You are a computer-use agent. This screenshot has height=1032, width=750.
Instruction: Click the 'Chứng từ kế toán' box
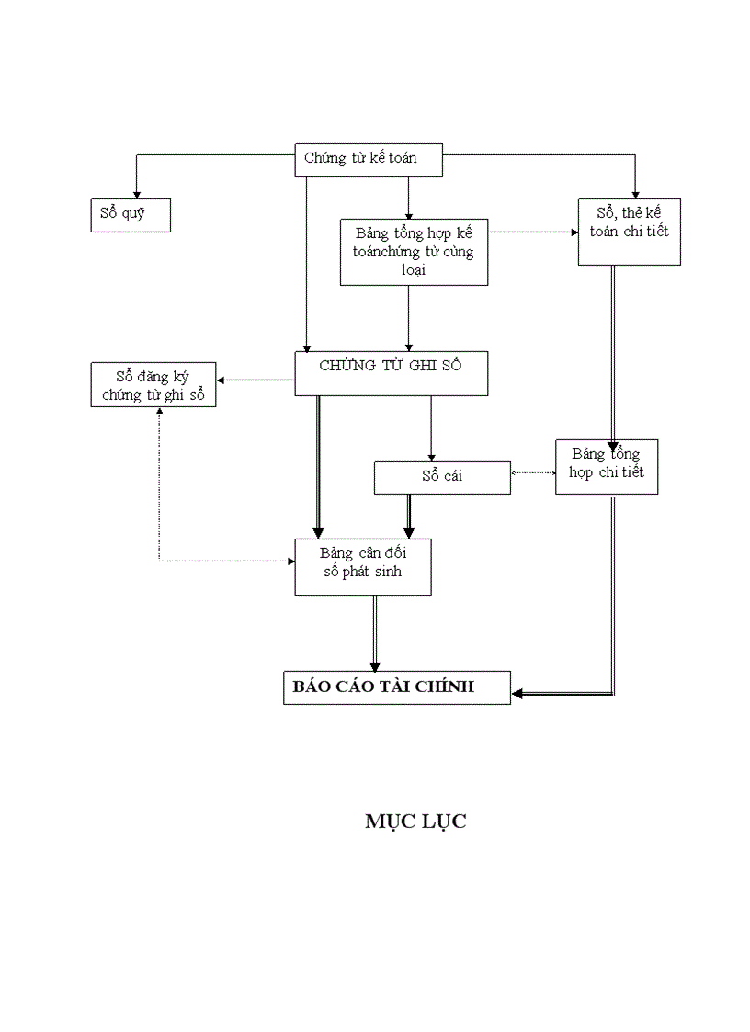click(369, 158)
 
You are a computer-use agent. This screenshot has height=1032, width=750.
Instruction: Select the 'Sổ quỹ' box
click(130, 215)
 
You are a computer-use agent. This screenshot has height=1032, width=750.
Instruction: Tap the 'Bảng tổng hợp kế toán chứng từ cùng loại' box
click(413, 251)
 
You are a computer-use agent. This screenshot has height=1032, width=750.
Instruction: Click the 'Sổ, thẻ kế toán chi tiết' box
click(629, 232)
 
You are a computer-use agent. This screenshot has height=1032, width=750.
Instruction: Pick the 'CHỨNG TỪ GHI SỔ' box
click(391, 373)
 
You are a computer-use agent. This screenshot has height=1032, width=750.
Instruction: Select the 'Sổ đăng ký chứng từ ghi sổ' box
click(153, 385)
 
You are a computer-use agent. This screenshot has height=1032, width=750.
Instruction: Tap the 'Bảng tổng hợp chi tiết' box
click(606, 466)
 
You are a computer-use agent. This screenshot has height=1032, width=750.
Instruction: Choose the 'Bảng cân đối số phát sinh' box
click(362, 567)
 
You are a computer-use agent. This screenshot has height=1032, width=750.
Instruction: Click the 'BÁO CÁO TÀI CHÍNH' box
click(396, 686)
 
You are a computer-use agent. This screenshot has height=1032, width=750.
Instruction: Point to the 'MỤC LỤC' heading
click(415, 822)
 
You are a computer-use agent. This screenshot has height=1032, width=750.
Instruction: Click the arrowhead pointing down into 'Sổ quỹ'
click(137, 193)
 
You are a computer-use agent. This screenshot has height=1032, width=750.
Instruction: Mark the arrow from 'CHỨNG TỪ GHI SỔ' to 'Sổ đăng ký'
click(256, 380)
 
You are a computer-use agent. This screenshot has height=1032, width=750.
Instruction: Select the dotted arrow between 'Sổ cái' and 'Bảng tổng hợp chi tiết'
click(533, 473)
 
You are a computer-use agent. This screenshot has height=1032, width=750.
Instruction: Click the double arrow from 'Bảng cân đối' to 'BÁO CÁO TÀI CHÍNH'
click(375, 634)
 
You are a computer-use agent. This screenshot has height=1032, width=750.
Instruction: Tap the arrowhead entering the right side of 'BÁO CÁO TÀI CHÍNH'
click(518, 694)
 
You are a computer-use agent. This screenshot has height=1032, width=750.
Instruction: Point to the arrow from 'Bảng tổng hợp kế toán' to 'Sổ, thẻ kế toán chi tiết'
click(533, 232)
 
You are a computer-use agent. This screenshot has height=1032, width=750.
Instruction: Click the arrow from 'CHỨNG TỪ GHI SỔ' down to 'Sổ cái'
click(430, 427)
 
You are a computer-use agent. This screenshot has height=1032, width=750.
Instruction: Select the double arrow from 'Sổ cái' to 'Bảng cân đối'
click(409, 516)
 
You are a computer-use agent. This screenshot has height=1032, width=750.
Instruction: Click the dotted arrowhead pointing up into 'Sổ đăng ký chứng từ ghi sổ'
click(159, 413)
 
